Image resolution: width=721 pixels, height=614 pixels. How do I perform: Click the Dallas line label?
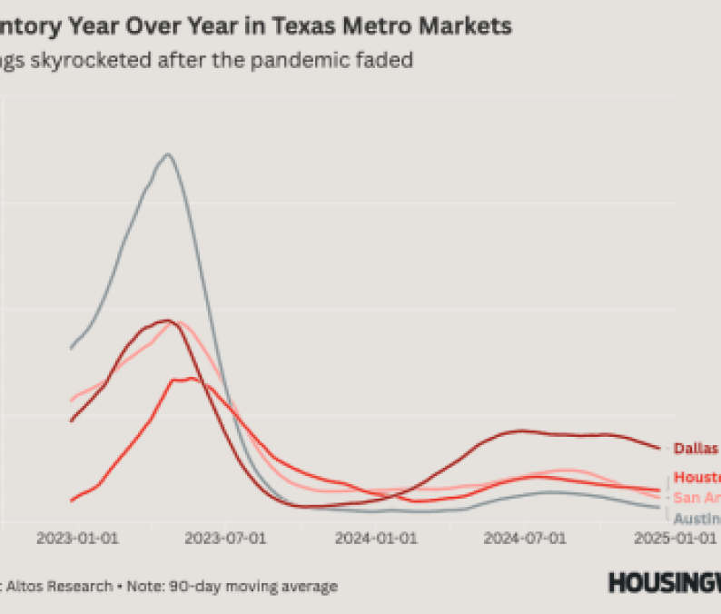[x=696, y=448]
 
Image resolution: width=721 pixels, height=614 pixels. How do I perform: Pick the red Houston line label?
[x=696, y=478]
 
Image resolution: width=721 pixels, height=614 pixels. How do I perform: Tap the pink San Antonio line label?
[x=696, y=497]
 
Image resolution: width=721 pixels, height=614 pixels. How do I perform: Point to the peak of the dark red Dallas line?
[x=166, y=320]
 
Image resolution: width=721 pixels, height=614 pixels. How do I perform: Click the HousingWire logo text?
[x=664, y=582]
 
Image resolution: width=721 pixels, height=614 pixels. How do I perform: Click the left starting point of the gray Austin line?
[x=71, y=348]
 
